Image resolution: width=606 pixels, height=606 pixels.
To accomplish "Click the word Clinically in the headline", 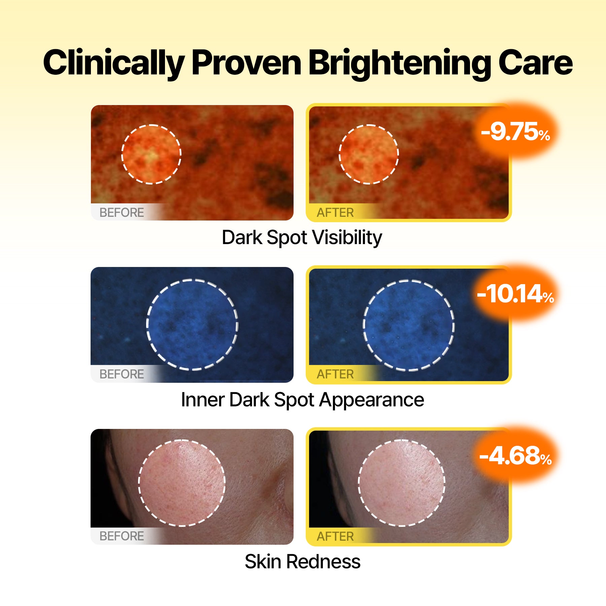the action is pyautogui.click(x=114, y=63).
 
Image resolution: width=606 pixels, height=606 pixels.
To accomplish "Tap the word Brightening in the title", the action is pyautogui.click(x=400, y=63).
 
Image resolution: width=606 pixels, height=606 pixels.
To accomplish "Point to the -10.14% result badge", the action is pyautogui.click(x=515, y=294).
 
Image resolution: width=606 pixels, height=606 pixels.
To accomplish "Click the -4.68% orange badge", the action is pyautogui.click(x=515, y=456).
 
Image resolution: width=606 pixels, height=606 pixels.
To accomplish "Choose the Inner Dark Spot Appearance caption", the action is pyautogui.click(x=302, y=400).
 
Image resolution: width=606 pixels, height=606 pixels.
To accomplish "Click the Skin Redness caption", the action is pyautogui.click(x=302, y=562).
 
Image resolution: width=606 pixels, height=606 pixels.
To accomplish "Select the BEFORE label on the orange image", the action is pyautogui.click(x=122, y=212).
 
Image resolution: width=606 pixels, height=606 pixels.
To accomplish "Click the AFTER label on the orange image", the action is pyautogui.click(x=335, y=212).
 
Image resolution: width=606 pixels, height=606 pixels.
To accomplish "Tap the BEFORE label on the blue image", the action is pyautogui.click(x=122, y=374).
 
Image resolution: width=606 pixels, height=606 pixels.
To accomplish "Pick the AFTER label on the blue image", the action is pyautogui.click(x=335, y=374).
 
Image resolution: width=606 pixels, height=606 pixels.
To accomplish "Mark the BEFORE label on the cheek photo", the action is pyautogui.click(x=122, y=536).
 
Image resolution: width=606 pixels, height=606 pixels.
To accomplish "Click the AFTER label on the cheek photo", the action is pyautogui.click(x=335, y=536).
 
